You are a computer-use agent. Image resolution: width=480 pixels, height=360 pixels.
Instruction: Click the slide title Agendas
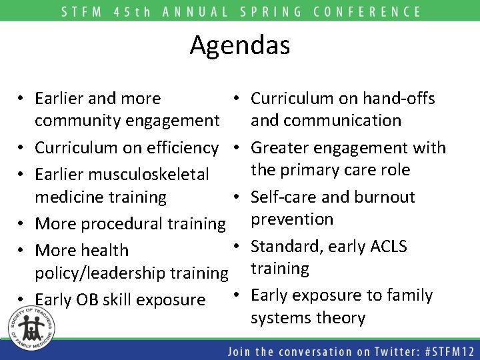240,45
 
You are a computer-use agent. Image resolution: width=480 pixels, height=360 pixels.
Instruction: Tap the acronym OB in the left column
88,300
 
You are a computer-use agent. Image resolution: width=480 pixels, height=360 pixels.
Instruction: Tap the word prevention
291,219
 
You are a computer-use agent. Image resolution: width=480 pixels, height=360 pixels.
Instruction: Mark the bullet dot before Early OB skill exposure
23,299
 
